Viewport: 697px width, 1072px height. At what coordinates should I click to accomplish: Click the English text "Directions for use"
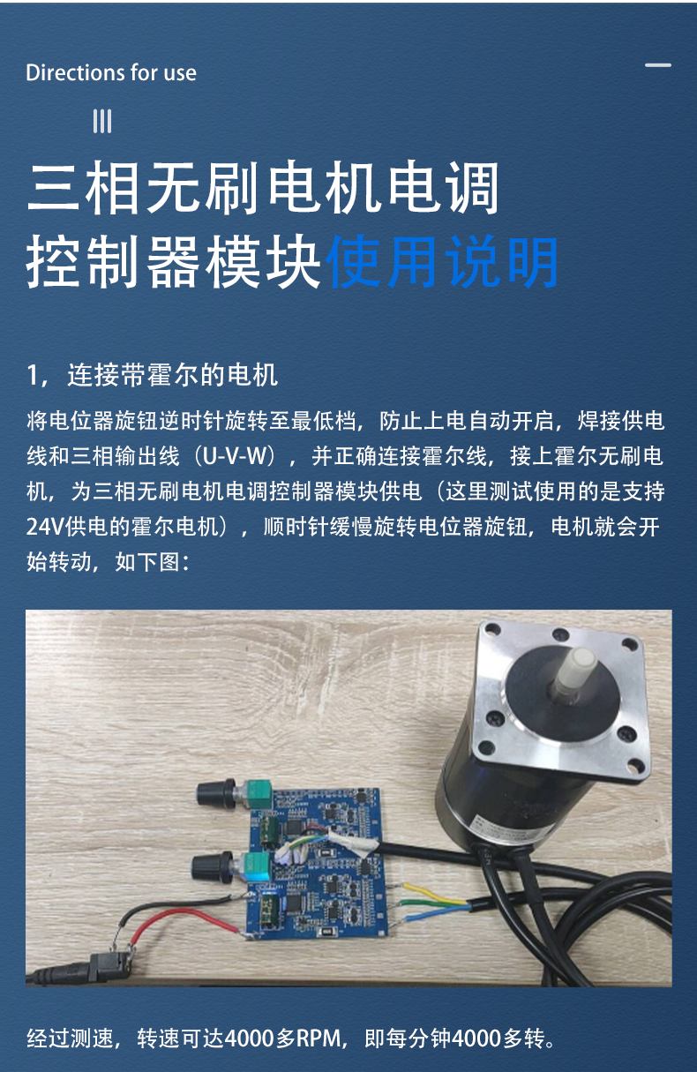tap(111, 72)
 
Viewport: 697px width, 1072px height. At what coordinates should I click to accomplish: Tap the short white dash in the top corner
tap(658, 65)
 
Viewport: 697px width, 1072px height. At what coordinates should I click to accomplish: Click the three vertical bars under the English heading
tap(102, 121)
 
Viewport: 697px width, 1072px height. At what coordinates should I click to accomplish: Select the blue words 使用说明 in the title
tap(442, 262)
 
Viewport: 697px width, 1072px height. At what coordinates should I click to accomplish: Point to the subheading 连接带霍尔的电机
tap(172, 375)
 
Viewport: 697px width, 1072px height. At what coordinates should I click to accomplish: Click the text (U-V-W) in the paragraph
tap(235, 456)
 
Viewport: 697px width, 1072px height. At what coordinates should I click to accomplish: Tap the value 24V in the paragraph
tap(46, 527)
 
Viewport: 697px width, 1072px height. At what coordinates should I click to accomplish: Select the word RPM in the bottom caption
tap(319, 1038)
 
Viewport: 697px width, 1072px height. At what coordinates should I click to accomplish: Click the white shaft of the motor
tap(575, 675)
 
